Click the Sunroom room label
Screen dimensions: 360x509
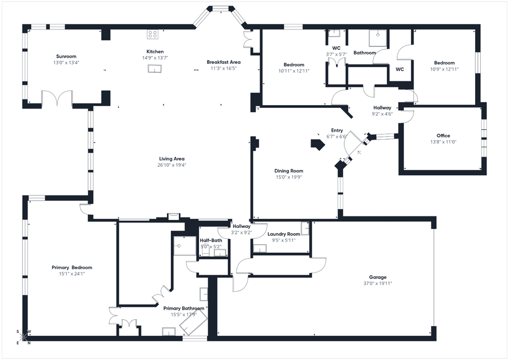66,56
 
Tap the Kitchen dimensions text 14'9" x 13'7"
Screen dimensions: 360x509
154,58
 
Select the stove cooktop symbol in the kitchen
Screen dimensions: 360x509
153,34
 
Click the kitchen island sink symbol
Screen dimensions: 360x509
154,69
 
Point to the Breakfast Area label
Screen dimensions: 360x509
223,62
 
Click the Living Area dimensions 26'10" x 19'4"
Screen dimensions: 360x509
171,165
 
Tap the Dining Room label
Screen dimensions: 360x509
288,171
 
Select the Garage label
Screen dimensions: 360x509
378,277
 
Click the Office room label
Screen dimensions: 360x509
443,136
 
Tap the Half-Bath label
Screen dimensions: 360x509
211,240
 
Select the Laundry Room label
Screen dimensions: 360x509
283,234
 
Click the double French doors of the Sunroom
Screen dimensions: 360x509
57,98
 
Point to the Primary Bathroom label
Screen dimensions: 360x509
184,308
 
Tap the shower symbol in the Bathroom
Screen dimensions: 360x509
376,37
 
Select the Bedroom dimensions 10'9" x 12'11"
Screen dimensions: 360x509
444,69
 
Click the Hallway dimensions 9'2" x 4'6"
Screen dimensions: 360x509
382,114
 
